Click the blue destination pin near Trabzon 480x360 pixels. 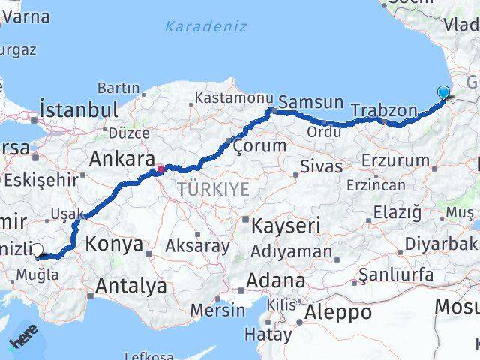(443, 93)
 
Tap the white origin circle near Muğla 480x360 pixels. (37, 253)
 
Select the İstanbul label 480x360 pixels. (79, 109)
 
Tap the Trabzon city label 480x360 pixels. (383, 110)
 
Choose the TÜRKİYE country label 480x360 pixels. (213, 190)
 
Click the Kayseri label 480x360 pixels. (286, 224)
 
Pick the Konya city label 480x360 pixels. (114, 244)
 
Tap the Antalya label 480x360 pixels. (130, 285)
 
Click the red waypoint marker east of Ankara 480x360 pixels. (159, 169)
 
